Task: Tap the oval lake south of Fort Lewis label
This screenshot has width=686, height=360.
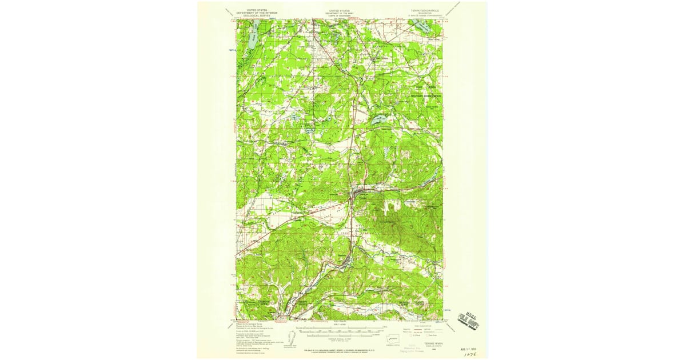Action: point(379,120)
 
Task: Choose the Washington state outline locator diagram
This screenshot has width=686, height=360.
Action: point(394,337)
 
